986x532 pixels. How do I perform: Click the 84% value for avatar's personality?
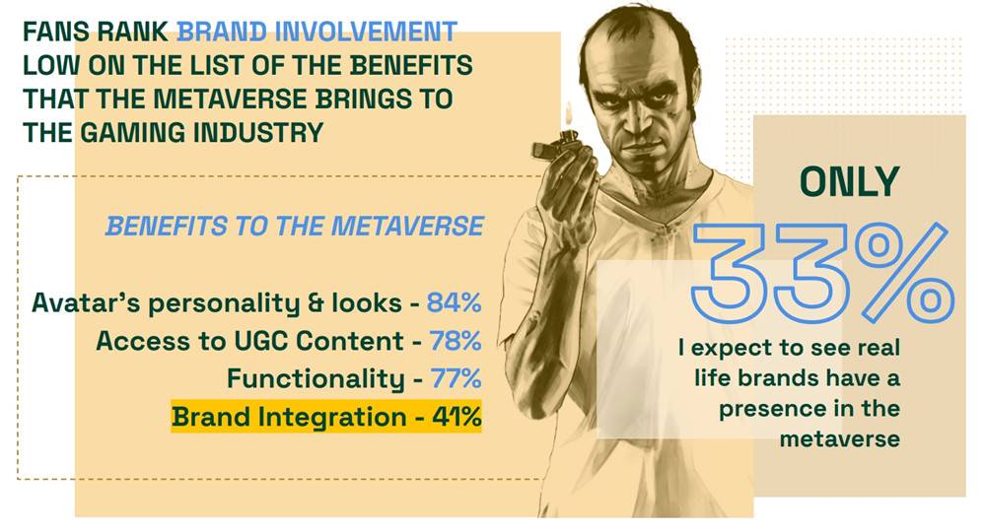pyautogui.click(x=454, y=302)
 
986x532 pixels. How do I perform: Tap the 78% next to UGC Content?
pyautogui.click(x=456, y=341)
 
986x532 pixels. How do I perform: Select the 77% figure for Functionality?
pyautogui.click(x=456, y=378)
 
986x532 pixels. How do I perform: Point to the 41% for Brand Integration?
pyautogui.click(x=457, y=417)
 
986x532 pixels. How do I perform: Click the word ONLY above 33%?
pyautogui.click(x=850, y=182)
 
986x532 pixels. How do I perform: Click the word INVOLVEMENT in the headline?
pyautogui.click(x=366, y=32)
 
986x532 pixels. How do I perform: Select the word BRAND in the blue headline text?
pyautogui.click(x=223, y=32)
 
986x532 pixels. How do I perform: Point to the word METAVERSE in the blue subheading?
pyautogui.click(x=407, y=227)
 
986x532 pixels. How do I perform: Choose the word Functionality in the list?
pyautogui.click(x=316, y=379)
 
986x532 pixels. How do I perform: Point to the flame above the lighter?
pyautogui.click(x=570, y=115)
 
